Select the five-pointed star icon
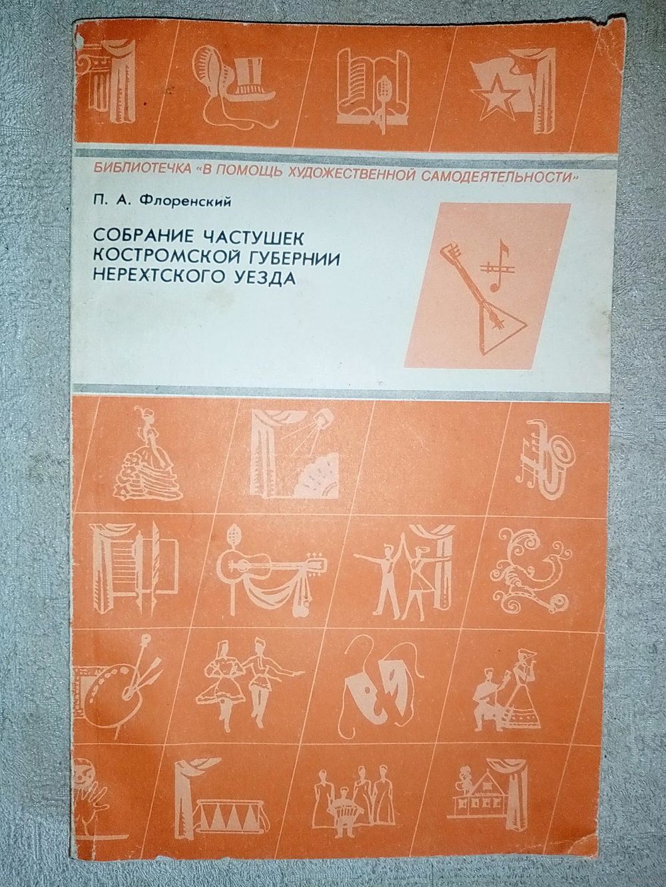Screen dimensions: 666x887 tap(496, 98)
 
